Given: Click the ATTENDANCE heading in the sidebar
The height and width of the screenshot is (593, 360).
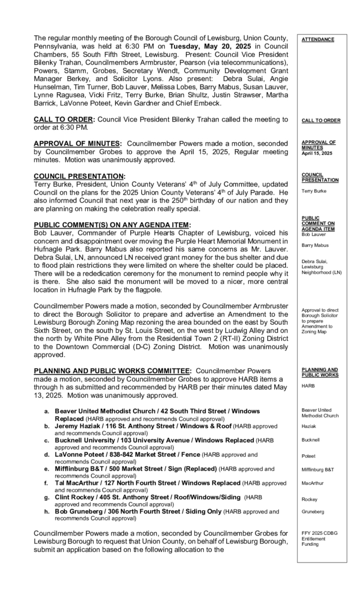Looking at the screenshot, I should [x=317, y=40].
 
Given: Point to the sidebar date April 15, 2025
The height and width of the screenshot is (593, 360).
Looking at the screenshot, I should [x=317, y=154].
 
